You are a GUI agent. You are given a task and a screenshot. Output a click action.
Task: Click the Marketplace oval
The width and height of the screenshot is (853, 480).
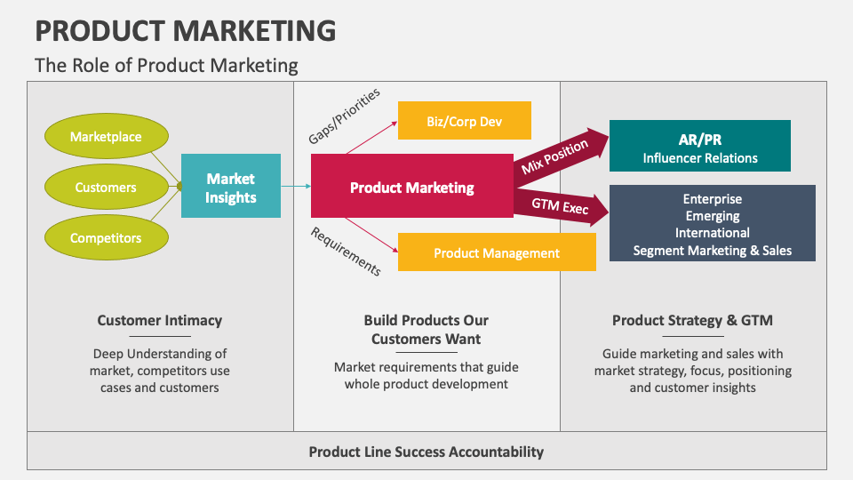(x=106, y=137)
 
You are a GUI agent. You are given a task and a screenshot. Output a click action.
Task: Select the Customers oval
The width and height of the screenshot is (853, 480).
(x=106, y=188)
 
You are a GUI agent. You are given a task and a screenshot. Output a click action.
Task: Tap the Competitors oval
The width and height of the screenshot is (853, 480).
(x=106, y=238)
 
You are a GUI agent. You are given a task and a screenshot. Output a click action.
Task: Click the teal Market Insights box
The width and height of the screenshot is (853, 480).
(x=231, y=186)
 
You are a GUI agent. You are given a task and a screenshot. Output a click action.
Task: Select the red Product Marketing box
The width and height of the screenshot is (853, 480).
(x=411, y=188)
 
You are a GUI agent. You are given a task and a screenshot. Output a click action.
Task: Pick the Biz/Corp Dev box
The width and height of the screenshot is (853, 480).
(x=464, y=121)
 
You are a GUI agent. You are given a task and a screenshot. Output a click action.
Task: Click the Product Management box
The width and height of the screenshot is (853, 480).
(x=496, y=252)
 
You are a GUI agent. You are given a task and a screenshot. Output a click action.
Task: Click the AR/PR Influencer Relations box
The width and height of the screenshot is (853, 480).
(x=700, y=147)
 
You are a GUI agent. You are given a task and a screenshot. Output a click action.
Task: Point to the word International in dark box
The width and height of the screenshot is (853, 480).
(x=712, y=233)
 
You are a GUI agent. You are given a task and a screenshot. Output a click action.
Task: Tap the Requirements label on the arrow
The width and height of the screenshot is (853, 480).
(x=345, y=251)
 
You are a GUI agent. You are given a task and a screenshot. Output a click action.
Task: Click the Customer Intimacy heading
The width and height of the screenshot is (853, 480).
(x=160, y=320)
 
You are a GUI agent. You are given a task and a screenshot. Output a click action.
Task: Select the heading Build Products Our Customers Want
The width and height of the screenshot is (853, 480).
(x=426, y=329)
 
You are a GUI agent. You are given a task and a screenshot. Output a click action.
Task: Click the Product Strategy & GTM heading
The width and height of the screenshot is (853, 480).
(x=693, y=320)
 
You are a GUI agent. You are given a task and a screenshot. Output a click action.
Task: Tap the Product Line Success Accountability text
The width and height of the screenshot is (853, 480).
(x=426, y=452)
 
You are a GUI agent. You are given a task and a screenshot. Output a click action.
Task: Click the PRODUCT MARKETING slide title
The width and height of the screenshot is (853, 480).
(x=185, y=31)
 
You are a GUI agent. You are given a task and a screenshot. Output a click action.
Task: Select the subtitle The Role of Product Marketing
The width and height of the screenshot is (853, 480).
(x=166, y=66)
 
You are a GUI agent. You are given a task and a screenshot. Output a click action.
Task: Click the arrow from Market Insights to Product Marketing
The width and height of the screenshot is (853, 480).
(x=295, y=186)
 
